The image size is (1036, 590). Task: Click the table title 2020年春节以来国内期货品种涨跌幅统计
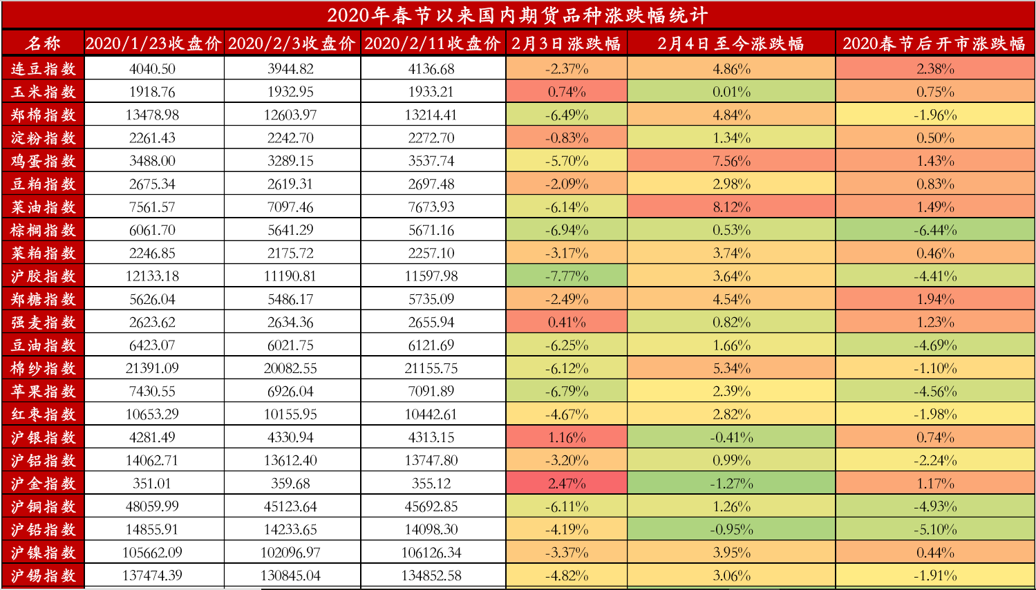coord(517,15)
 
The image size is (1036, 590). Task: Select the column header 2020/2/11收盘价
coord(433,44)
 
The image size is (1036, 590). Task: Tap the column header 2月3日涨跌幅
coord(566,44)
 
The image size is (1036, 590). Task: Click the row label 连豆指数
coord(43,69)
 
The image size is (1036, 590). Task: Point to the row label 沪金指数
coord(43,484)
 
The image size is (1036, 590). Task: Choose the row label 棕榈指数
coord(43,230)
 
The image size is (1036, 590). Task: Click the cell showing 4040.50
coord(153,69)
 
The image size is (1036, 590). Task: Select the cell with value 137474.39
coord(153,575)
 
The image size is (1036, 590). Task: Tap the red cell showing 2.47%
coord(567,484)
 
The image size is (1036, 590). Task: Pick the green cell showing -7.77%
coord(567,276)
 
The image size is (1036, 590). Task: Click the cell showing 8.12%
coord(731,207)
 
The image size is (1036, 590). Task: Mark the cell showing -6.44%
coord(935,230)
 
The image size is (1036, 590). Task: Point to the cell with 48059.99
coord(153,506)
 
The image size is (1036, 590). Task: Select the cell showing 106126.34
coord(431,553)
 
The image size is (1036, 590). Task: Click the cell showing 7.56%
coord(731,161)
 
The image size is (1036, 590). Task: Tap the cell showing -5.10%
coord(935,530)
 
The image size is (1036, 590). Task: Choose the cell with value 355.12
coord(431,484)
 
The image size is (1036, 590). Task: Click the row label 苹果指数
coord(43,392)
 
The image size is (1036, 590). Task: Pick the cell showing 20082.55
coord(290,368)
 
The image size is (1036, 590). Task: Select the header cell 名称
coord(43,44)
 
